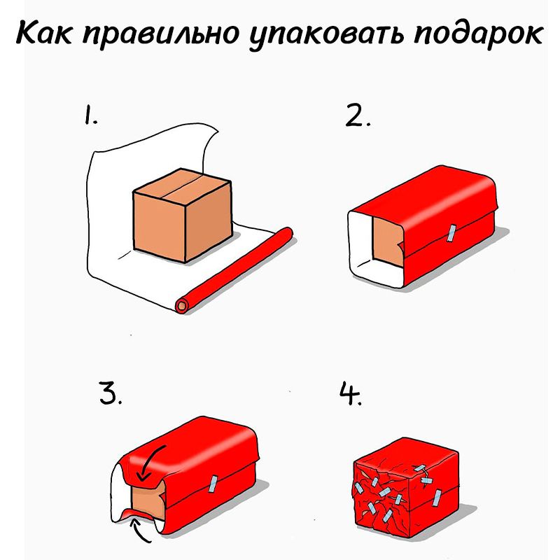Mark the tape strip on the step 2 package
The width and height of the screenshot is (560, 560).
click(451, 232)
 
